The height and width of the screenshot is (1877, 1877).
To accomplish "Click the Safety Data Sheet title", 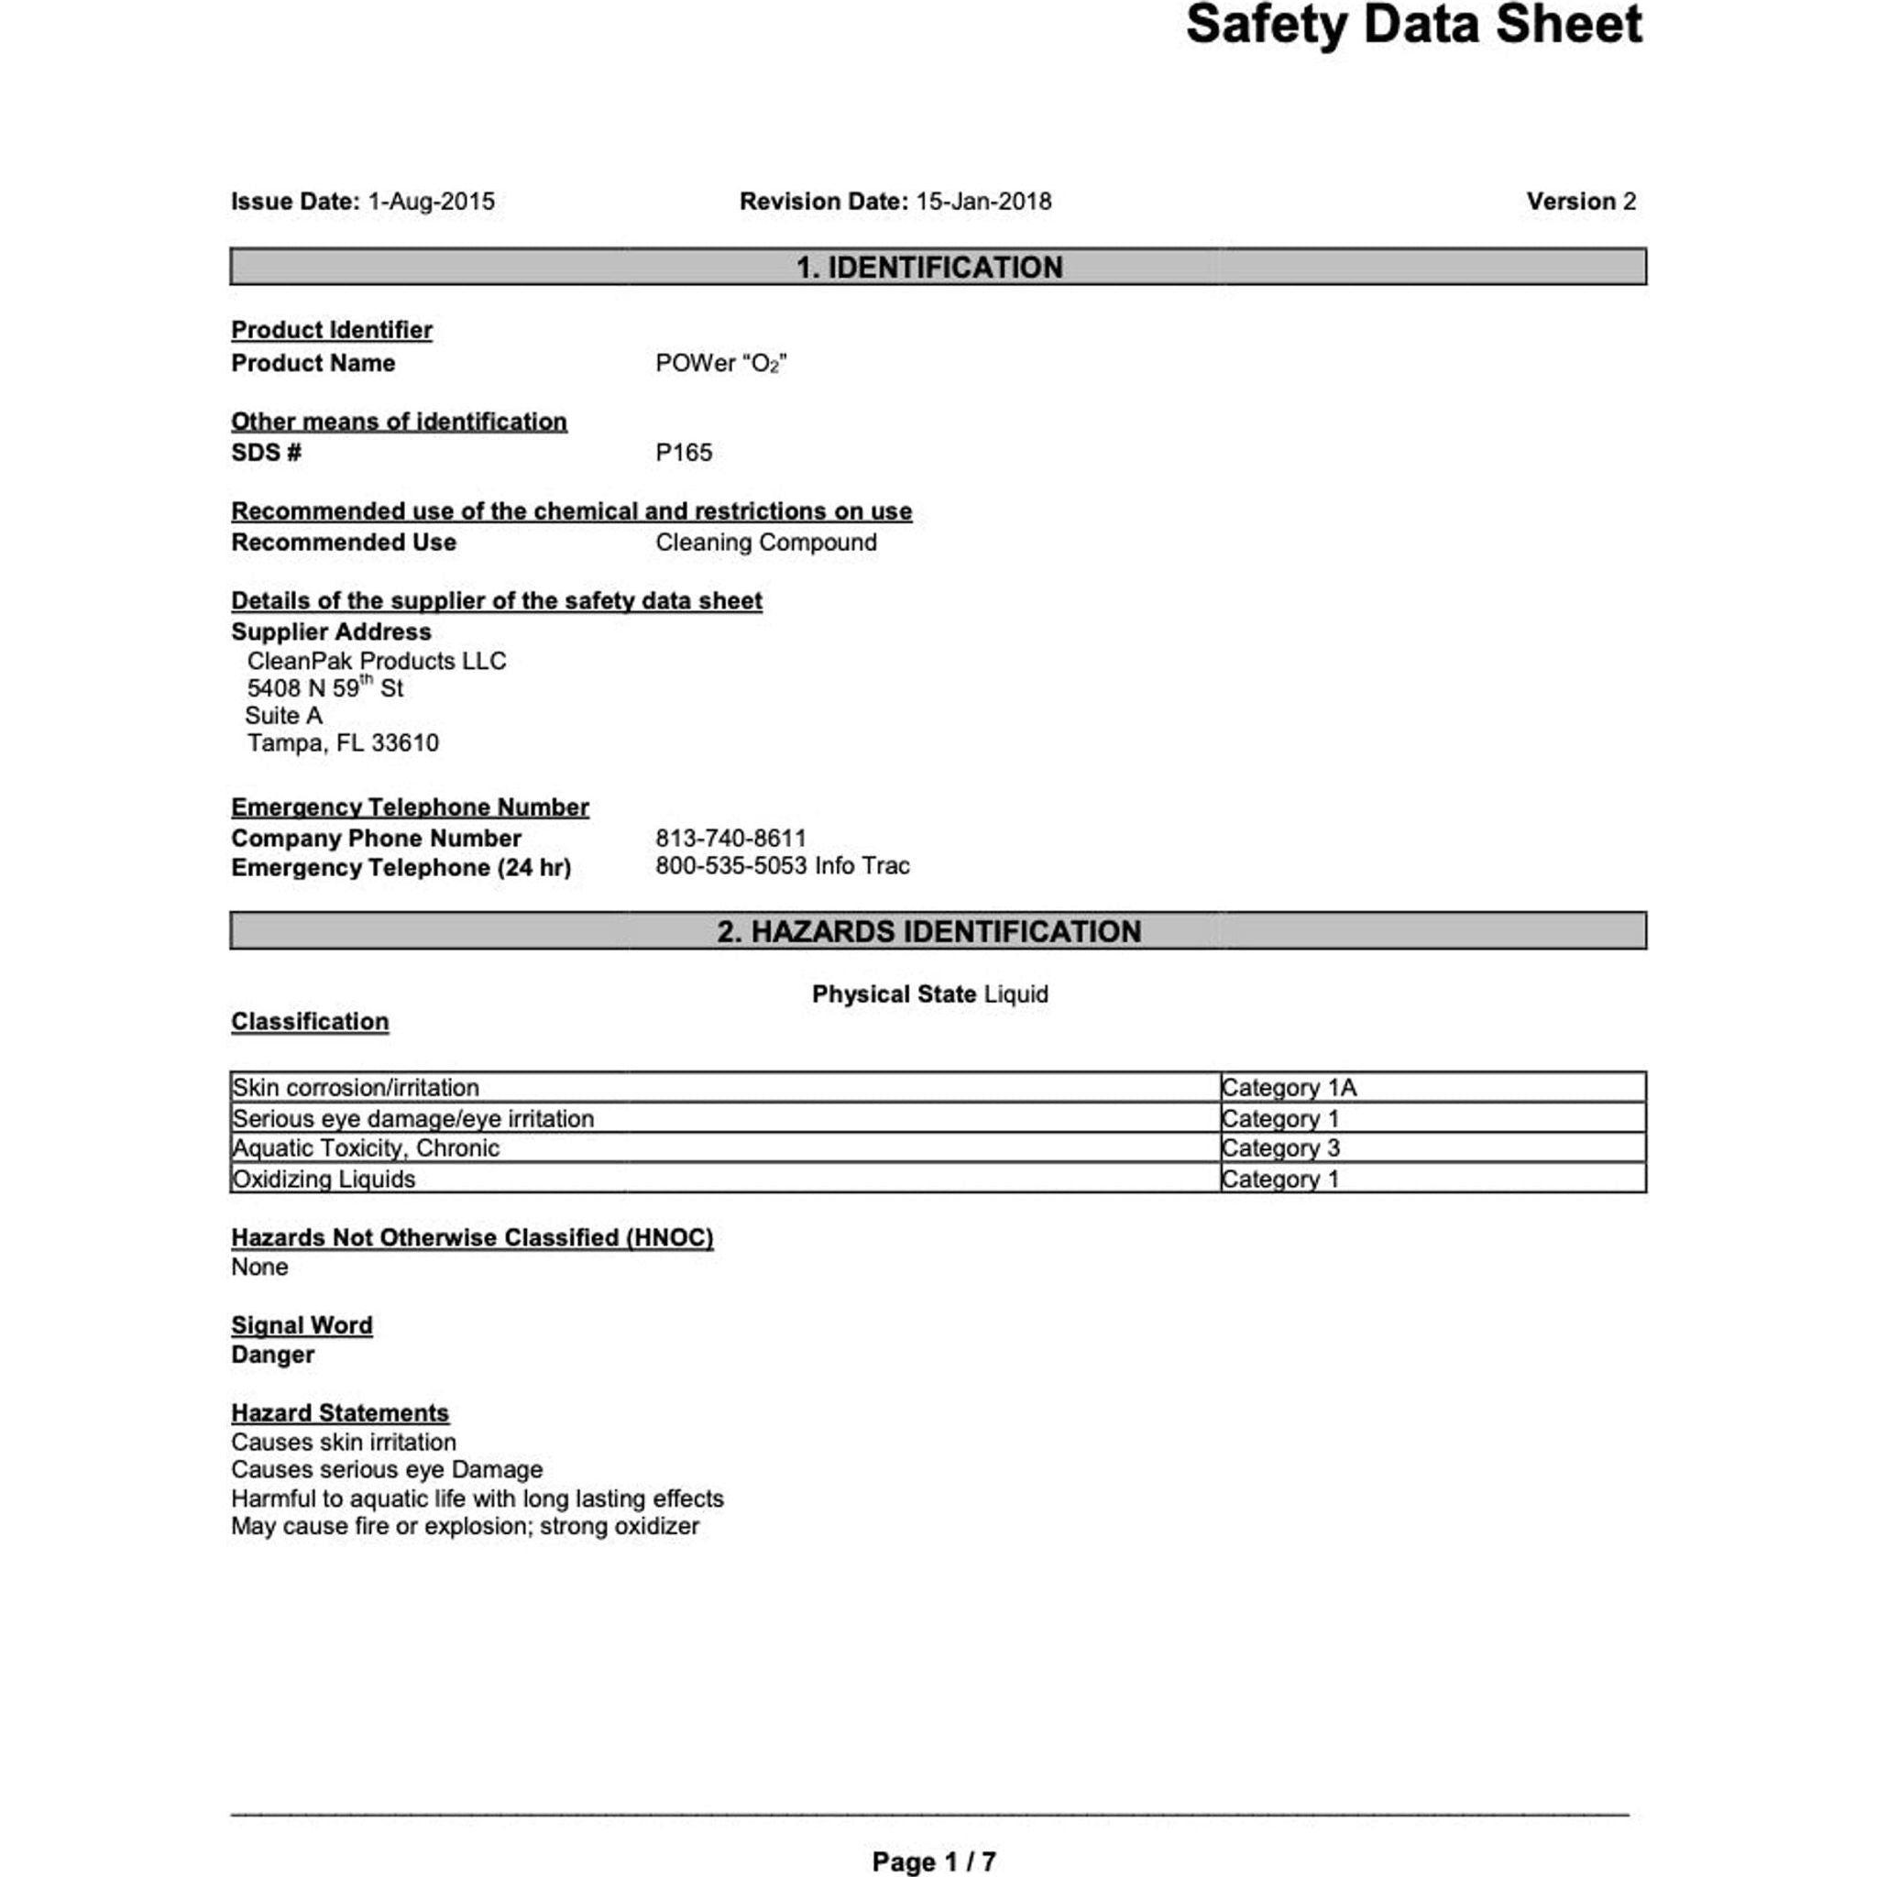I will tap(1412, 26).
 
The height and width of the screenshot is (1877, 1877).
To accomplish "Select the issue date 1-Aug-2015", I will tap(431, 202).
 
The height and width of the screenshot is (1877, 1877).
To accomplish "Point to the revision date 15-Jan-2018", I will tap(983, 202).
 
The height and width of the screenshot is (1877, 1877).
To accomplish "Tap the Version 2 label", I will tap(1581, 202).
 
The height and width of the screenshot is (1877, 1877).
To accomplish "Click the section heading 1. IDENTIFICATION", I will tap(928, 268).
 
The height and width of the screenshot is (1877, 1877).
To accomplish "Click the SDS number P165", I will tap(683, 453).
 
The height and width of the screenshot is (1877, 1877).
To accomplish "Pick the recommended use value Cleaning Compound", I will tap(765, 543).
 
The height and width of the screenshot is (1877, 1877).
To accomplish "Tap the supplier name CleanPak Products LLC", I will tap(376, 662).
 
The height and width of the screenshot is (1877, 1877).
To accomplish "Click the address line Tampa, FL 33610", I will tap(342, 743).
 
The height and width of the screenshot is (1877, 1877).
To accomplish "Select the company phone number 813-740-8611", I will tap(730, 839).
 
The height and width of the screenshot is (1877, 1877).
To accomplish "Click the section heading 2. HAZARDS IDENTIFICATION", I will tap(928, 932).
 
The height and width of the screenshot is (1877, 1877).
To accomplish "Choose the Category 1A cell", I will tap(1289, 1088).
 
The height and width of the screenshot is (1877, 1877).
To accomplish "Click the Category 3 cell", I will tap(1279, 1148).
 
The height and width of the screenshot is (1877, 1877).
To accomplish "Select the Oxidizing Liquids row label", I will tap(324, 1180).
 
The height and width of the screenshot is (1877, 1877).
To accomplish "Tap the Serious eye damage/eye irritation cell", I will tap(413, 1119).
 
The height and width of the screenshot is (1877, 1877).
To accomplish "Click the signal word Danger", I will tap(273, 1356).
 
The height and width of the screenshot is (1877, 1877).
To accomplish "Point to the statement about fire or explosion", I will tap(465, 1526).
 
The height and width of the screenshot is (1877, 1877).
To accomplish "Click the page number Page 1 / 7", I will tap(934, 1861).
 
